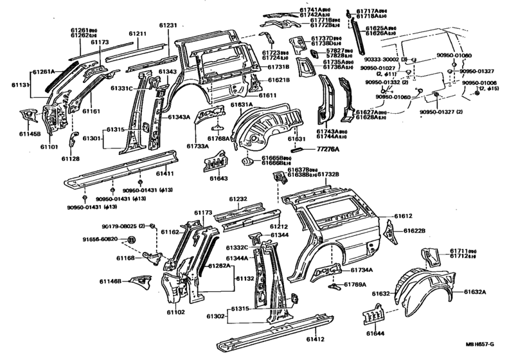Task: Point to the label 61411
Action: tap(166, 174)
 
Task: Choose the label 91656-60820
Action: tap(102, 239)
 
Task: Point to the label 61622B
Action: tap(415, 230)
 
